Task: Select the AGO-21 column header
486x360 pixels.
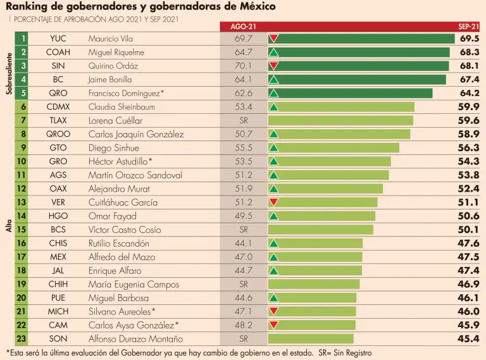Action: pyautogui.click(x=243, y=27)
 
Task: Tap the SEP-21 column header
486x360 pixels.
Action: pyautogui.click(x=468, y=27)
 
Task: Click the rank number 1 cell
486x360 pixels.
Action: pyautogui.click(x=23, y=39)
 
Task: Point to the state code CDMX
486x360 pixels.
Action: pyautogui.click(x=58, y=107)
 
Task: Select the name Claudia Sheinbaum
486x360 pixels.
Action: pyautogui.click(x=121, y=107)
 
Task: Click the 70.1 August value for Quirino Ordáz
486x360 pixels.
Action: pyautogui.click(x=243, y=66)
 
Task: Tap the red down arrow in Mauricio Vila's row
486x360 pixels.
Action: pyautogui.click(x=274, y=39)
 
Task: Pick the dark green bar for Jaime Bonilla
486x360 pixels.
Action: pyautogui.click(x=361, y=80)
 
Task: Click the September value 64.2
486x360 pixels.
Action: pyautogui.click(x=468, y=93)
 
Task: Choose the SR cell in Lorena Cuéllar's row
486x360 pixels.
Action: pyautogui.click(x=243, y=120)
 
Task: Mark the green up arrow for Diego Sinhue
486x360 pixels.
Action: pyautogui.click(x=274, y=147)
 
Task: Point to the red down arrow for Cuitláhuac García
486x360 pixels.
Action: pyautogui.click(x=274, y=202)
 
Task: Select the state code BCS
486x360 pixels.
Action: pyautogui.click(x=58, y=230)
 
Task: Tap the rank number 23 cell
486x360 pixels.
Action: pyautogui.click(x=23, y=338)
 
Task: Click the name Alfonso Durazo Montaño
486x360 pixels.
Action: pyautogui.click(x=136, y=338)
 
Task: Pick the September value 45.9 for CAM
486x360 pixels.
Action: pyautogui.click(x=468, y=325)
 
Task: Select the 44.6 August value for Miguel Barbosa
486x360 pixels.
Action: pyautogui.click(x=243, y=297)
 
